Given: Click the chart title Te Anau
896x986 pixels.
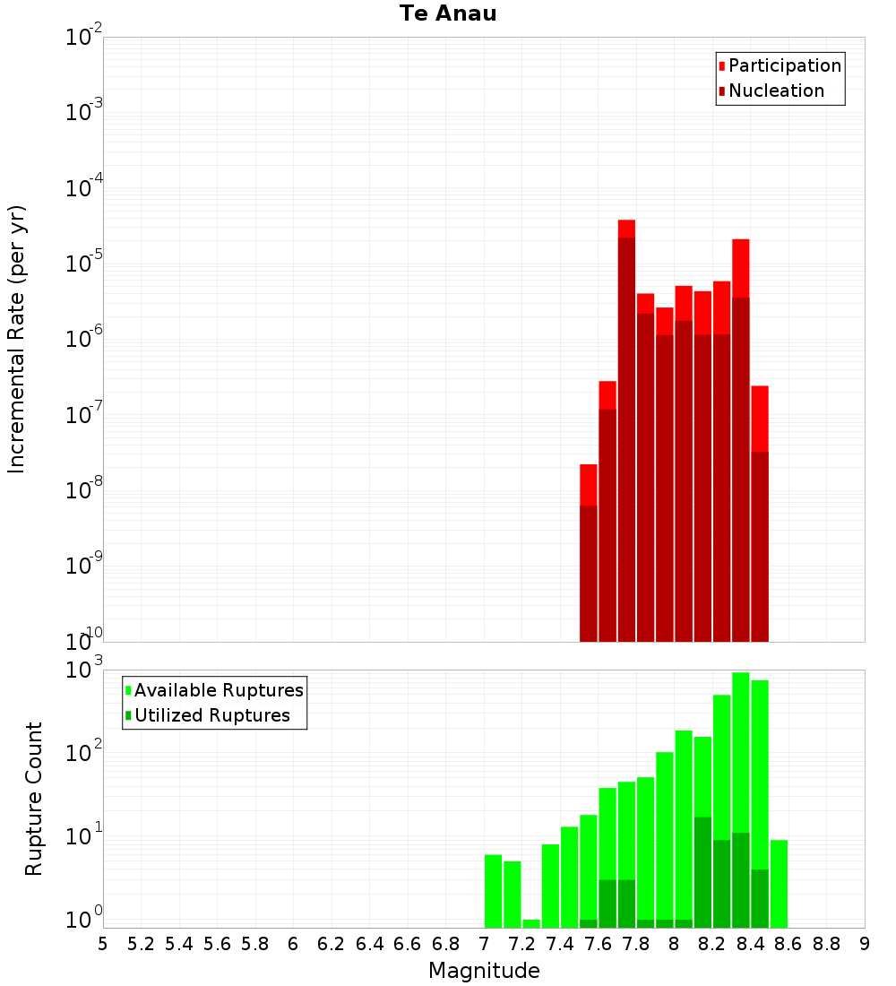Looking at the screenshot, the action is [x=448, y=13].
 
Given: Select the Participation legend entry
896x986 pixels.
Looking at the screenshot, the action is [x=780, y=65].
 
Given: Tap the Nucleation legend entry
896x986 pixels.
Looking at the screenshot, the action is [x=771, y=91].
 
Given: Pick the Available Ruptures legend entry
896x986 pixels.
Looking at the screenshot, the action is [x=214, y=690].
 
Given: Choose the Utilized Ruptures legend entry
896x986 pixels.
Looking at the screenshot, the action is [x=208, y=715].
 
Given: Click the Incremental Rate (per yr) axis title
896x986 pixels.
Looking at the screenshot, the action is [x=16, y=340].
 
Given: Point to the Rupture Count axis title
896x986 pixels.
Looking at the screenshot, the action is [x=33, y=799].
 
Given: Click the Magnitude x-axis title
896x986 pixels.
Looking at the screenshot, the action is [x=484, y=970].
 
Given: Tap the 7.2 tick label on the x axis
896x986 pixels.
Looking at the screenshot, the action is [x=521, y=944].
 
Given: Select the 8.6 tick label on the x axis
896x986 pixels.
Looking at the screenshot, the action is [x=788, y=944].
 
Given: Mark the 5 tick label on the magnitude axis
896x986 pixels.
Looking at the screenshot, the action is [x=103, y=944].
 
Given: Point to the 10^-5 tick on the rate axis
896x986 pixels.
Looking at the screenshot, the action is [x=83, y=262].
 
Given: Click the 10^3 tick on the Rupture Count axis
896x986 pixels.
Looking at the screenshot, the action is [x=83, y=669].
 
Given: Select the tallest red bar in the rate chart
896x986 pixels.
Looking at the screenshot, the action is [x=626, y=431].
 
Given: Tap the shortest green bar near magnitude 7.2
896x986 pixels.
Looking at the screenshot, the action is [x=531, y=924].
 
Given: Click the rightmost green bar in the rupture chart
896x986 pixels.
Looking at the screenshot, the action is [x=779, y=884].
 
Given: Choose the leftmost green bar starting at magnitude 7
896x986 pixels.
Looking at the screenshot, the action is [x=493, y=892].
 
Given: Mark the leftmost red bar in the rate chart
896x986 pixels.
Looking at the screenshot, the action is [x=589, y=553].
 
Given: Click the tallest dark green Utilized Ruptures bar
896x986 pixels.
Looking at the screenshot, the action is [x=703, y=873].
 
